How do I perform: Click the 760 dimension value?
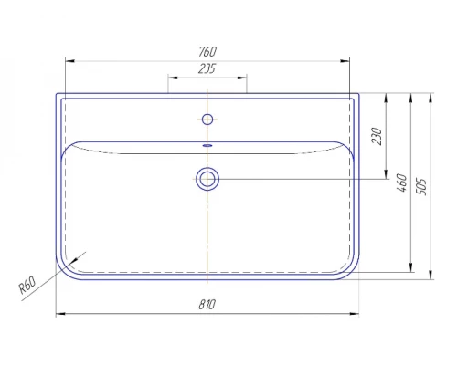[207, 52]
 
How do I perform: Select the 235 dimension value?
[207, 68]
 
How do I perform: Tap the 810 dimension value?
[207, 304]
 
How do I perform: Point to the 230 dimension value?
[377, 136]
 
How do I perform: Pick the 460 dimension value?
[401, 182]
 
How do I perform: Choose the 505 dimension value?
[421, 186]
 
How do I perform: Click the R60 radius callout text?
[27, 285]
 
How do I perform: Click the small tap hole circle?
[207, 120]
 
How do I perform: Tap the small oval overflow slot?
[207, 145]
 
